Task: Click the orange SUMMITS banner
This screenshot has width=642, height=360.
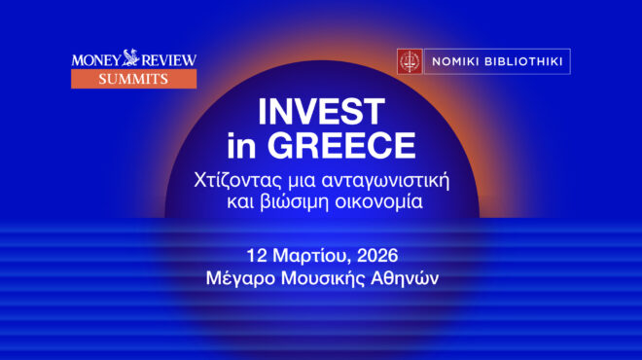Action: coord(133,80)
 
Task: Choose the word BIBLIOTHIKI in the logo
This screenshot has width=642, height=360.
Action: coord(522,61)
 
